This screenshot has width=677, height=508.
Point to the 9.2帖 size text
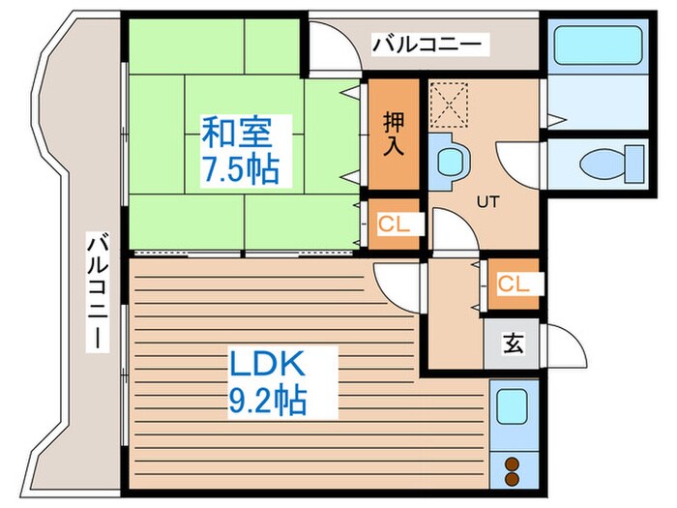click(x=269, y=400)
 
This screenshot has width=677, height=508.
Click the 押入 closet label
click(x=393, y=134)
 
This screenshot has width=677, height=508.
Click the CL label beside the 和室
click(x=393, y=225)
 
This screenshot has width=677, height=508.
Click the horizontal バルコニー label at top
click(x=431, y=45)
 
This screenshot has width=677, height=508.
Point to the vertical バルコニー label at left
click(x=99, y=290)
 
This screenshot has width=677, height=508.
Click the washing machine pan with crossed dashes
click(x=448, y=103)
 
